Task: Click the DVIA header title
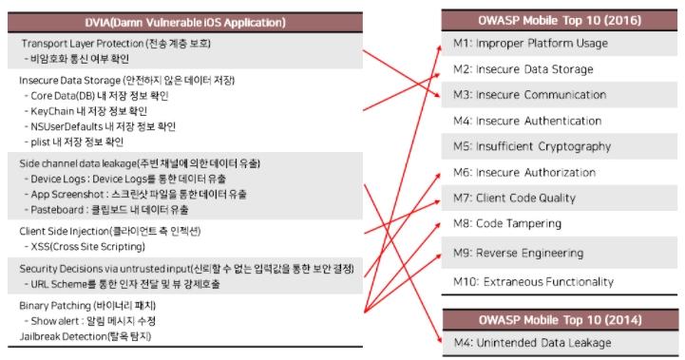click(185, 22)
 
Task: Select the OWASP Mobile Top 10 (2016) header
click(560, 21)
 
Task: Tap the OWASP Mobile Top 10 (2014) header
click(560, 320)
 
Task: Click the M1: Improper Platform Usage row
click(530, 44)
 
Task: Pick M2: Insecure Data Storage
click(523, 69)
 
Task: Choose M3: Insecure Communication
click(529, 95)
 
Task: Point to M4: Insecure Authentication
click(527, 121)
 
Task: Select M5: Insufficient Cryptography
click(532, 146)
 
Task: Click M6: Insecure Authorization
click(524, 172)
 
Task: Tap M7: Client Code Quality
click(514, 198)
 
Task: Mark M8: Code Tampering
click(507, 223)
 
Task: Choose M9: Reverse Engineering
click(518, 253)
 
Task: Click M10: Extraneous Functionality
click(533, 282)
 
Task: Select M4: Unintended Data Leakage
click(533, 343)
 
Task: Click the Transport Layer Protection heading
click(116, 44)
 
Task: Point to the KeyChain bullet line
click(86, 111)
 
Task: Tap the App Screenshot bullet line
click(136, 195)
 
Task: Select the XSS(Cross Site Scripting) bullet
click(85, 247)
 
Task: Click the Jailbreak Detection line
click(86, 336)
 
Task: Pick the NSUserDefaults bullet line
click(100, 126)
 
